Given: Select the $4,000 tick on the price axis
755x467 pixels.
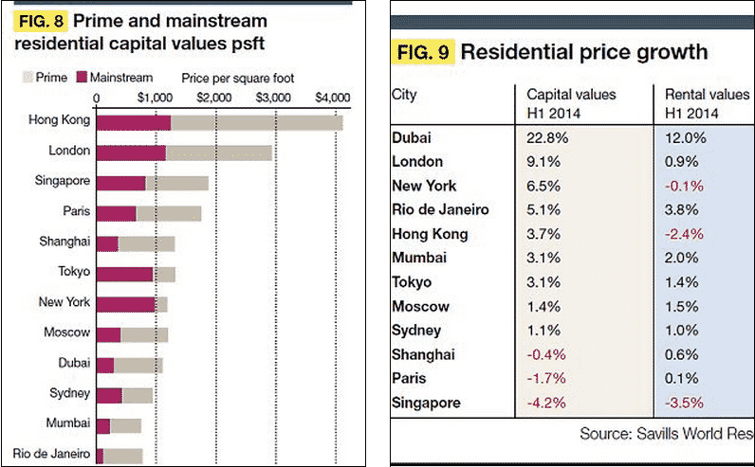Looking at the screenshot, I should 332,97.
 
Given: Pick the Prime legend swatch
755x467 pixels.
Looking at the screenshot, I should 26,78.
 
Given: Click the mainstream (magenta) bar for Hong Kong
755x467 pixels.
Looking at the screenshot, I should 134,122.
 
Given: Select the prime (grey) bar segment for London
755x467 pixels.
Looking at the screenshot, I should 219,152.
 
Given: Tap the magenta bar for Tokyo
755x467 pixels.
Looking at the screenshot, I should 125,273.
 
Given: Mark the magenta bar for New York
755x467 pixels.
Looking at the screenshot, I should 126,303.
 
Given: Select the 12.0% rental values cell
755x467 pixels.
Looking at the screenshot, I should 683,137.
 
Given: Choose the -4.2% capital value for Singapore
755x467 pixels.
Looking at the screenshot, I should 548,403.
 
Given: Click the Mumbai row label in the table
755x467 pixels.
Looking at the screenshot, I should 420,258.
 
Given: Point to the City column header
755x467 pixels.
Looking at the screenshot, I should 405,95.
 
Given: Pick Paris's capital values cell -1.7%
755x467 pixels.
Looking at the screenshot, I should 548,379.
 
